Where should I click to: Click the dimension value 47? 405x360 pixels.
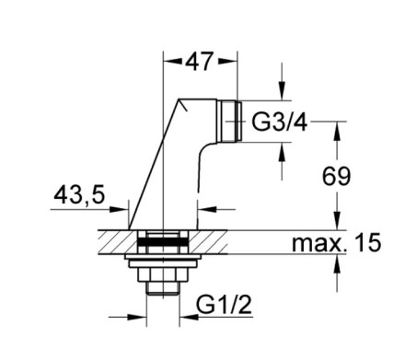click(198, 62)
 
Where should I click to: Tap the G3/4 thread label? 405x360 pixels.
click(279, 122)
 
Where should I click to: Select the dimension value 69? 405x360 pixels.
click(336, 177)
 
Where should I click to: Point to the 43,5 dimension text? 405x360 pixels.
click(79, 195)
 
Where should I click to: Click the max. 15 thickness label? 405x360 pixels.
click(337, 242)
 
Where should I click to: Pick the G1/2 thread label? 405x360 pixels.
click(224, 305)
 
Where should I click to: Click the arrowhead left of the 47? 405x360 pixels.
click(173, 61)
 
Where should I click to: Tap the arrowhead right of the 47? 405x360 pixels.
click(227, 61)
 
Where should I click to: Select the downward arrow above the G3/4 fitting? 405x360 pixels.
click(282, 82)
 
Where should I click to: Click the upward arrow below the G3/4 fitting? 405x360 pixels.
click(282, 161)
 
